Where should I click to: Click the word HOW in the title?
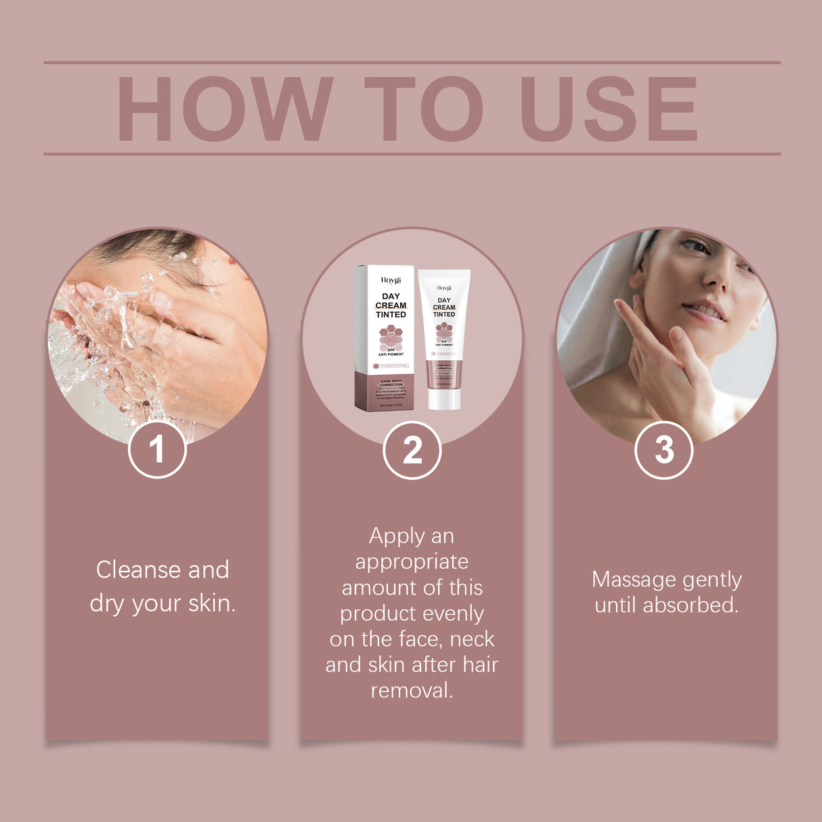(x=225, y=110)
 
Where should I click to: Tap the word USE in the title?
(x=607, y=110)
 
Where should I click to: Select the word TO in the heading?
(x=423, y=110)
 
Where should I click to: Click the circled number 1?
(x=157, y=450)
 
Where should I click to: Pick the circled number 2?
(x=412, y=450)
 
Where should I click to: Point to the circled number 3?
(x=664, y=450)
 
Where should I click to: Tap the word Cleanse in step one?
(x=139, y=569)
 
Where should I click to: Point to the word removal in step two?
(x=412, y=691)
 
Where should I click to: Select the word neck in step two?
(x=472, y=639)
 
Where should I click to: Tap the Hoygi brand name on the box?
(x=391, y=280)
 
